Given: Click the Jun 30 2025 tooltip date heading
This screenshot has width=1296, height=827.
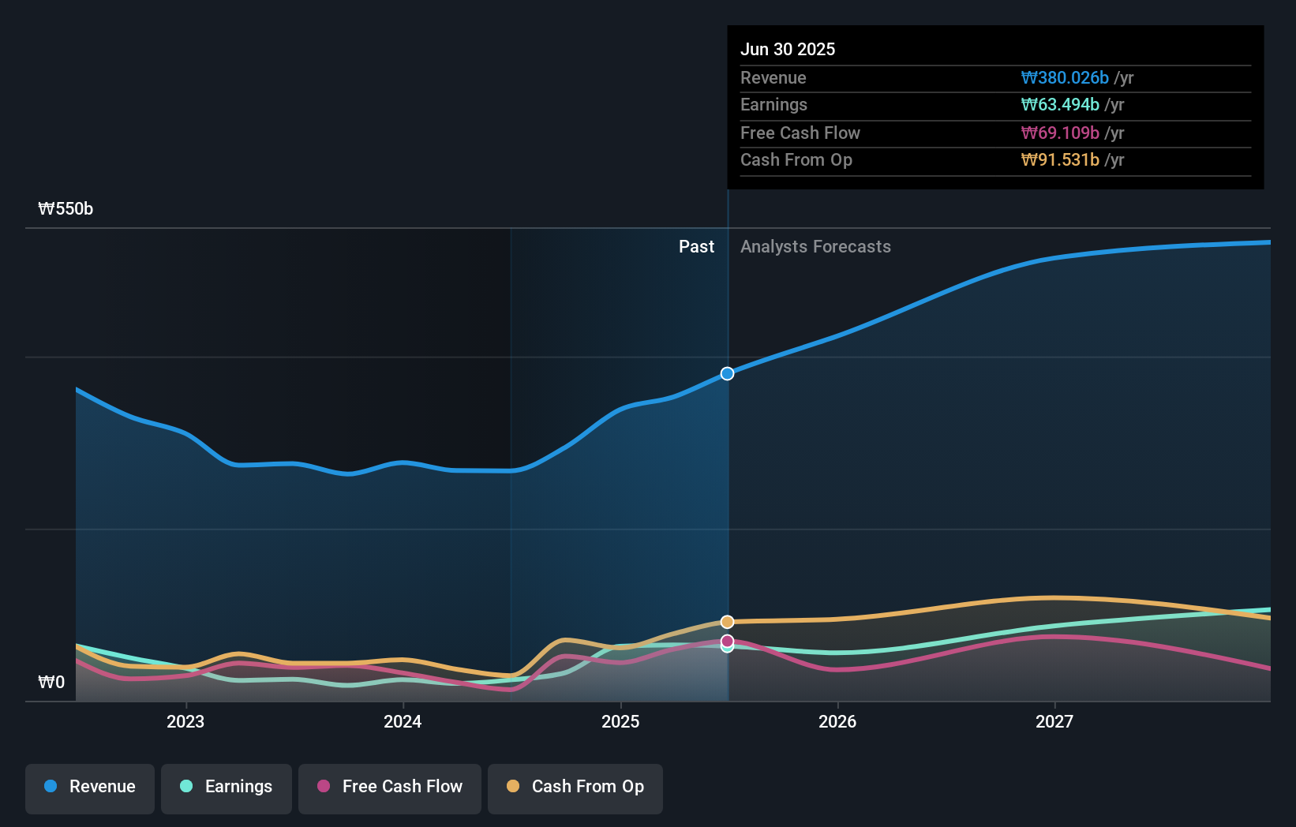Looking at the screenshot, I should coord(787,49).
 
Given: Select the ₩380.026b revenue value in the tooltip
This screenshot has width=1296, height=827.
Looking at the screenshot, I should coord(1065,77).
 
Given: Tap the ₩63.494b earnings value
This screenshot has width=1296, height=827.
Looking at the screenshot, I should coord(1060,104).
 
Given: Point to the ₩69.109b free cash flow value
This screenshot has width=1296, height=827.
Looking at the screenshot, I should coord(1060,133).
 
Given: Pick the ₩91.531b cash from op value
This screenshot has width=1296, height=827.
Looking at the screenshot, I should coord(1060,159).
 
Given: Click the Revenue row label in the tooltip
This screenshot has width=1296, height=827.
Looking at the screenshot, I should coord(773,77).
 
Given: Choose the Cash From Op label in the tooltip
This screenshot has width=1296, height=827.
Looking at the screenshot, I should coord(796,159).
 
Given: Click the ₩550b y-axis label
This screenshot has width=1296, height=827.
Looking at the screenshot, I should coord(66,208).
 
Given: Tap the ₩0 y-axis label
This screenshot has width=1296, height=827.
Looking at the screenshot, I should coord(51,682).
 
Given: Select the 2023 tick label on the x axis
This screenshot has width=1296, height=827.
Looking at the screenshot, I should coord(185,721).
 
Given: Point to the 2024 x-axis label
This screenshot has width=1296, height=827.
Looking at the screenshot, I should coord(403,721).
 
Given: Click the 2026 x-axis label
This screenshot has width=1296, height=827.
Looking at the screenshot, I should coord(837,721).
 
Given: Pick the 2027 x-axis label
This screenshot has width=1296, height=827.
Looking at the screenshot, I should coord(1054,721).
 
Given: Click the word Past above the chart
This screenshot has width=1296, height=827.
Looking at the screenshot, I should coord(696,246).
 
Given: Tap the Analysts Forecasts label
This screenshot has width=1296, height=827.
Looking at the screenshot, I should coord(815,246).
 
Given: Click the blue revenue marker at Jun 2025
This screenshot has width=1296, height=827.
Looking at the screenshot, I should coord(728,373).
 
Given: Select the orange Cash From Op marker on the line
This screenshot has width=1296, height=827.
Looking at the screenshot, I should coord(728,622).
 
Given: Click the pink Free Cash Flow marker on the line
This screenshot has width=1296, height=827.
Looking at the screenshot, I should coord(728,641).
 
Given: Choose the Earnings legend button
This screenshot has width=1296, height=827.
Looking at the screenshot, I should coord(227,787).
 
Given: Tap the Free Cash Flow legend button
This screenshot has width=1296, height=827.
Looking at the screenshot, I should coord(390,787).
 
